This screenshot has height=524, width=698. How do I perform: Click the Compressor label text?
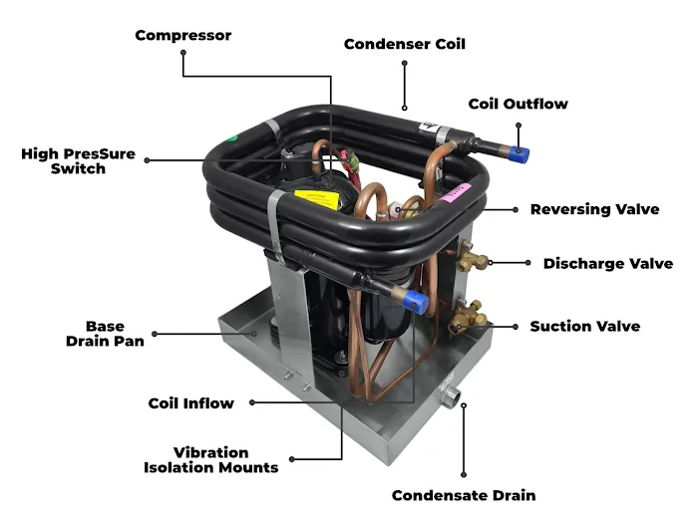(x=183, y=36)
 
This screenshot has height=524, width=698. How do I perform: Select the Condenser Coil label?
(x=404, y=44)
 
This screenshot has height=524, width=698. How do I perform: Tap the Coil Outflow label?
(x=518, y=104)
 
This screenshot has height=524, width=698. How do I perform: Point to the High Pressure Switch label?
(x=78, y=161)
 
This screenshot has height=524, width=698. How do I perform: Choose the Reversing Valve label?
(x=594, y=209)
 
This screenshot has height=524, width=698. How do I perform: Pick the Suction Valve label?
(x=584, y=326)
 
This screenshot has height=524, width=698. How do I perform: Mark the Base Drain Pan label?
(x=106, y=334)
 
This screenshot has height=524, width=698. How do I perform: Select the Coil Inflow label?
(x=190, y=403)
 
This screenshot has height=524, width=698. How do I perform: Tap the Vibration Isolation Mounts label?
(x=210, y=459)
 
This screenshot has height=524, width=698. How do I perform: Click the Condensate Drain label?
(x=463, y=495)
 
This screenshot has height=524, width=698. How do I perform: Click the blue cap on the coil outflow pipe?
(x=522, y=153)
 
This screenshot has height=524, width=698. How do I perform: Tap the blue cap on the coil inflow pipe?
(x=420, y=302)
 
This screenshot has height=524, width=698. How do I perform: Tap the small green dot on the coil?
(x=231, y=138)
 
